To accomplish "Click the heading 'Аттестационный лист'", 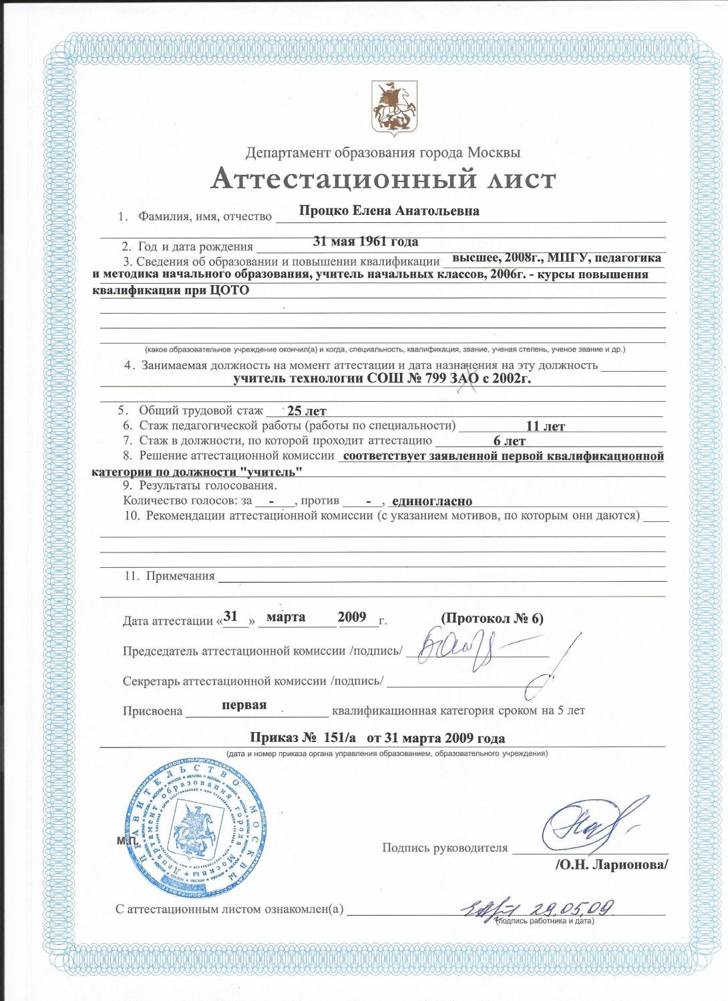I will pyautogui.click(x=383, y=179).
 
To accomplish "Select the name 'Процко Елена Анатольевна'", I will pyautogui.click(x=389, y=211).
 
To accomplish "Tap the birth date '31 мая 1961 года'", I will pyautogui.click(x=365, y=242).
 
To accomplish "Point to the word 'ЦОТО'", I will pyautogui.click(x=229, y=290).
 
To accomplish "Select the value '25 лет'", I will pyautogui.click(x=307, y=411).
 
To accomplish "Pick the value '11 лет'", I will pyautogui.click(x=545, y=426).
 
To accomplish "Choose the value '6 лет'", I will pyautogui.click(x=509, y=441).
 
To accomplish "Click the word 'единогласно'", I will pyautogui.click(x=432, y=501).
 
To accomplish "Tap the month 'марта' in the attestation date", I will pyautogui.click(x=286, y=617).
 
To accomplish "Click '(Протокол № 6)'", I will pyautogui.click(x=492, y=619).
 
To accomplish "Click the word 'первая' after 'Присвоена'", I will pyautogui.click(x=244, y=705).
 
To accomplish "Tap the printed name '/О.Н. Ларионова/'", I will pyautogui.click(x=611, y=865).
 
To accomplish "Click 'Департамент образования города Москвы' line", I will pyautogui.click(x=383, y=153).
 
